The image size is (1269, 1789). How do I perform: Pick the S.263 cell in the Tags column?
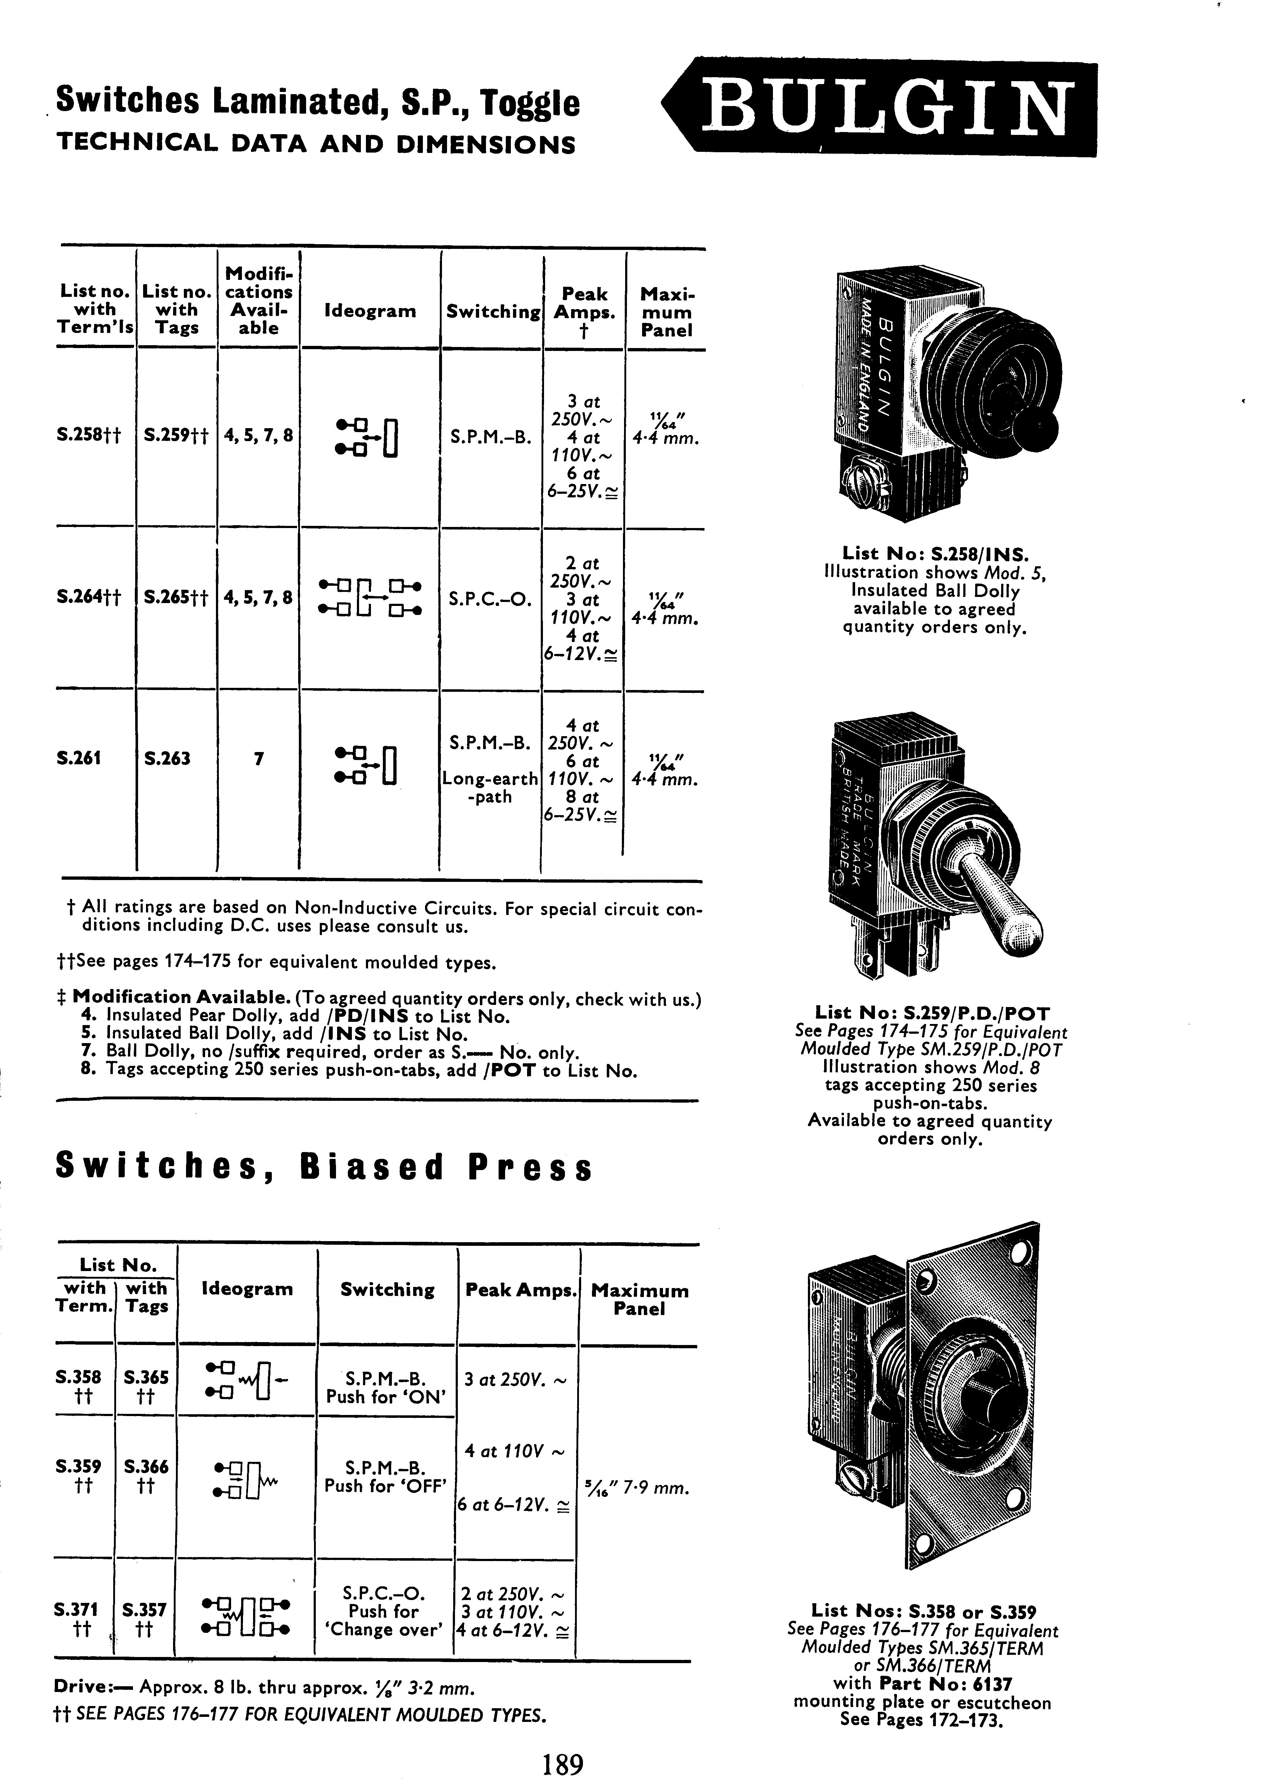pos(167,758)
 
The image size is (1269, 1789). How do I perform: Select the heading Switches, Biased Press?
pos(324,1168)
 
